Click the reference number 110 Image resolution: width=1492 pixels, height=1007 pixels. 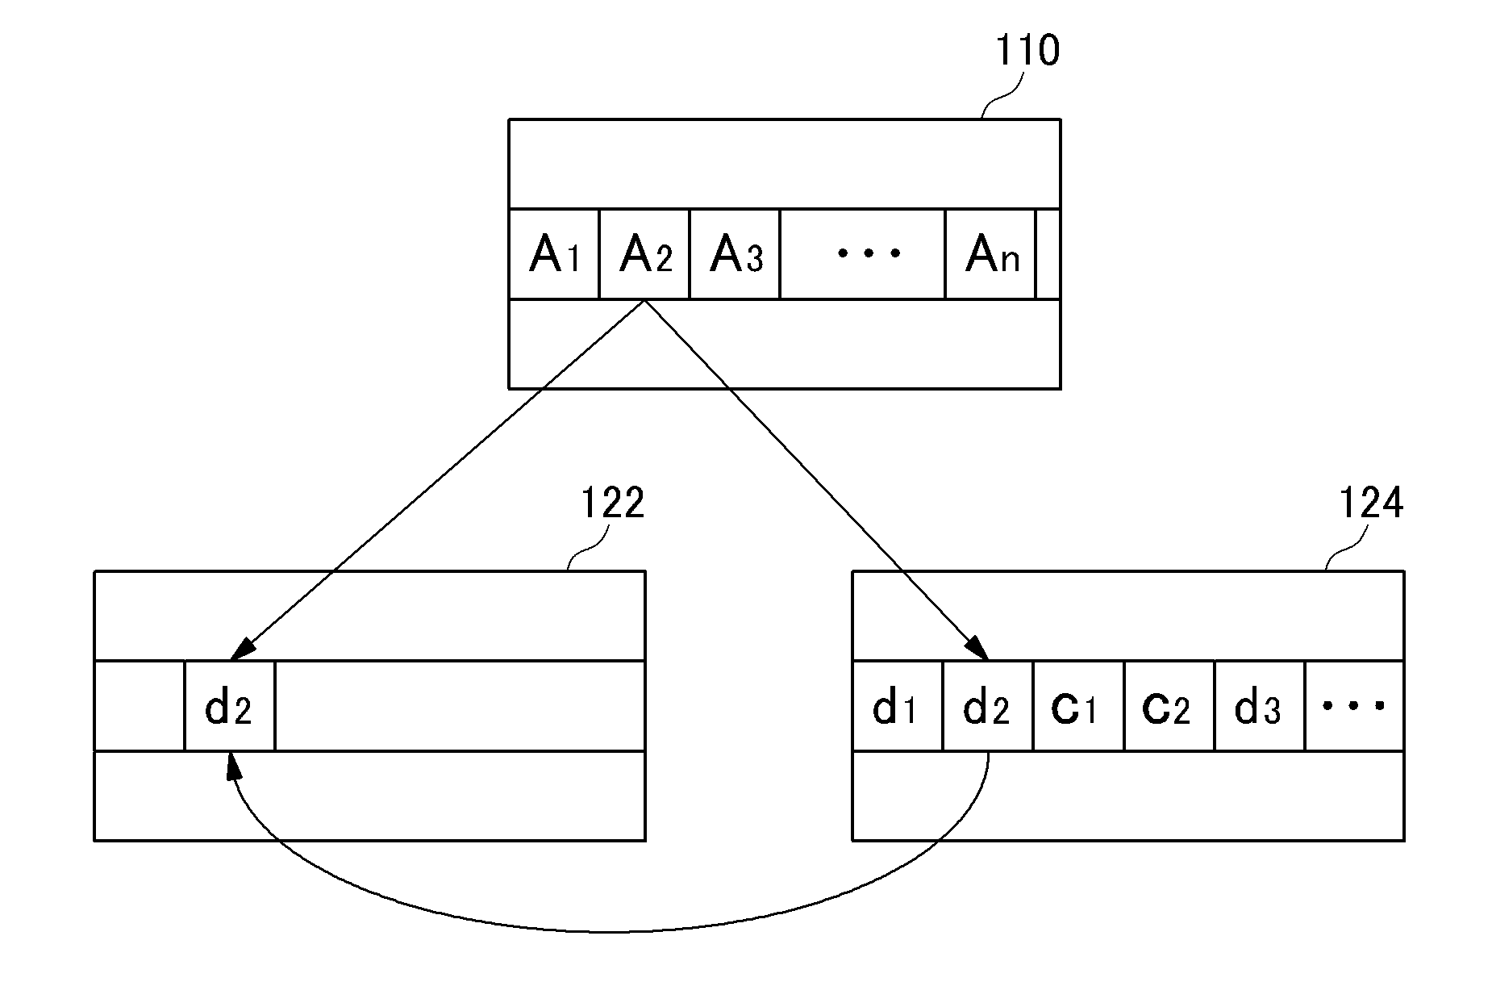coord(1027,51)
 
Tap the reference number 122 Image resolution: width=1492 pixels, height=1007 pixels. coord(613,503)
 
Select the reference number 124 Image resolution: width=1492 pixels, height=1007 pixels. coord(1371,503)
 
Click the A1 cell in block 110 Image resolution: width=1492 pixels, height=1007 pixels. coord(554,254)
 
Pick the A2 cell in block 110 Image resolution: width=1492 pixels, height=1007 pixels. coord(644,254)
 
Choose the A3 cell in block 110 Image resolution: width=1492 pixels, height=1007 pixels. coord(735,254)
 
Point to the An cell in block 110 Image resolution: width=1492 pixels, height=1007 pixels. coord(990,254)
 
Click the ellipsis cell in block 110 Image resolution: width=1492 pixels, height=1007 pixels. coord(862,254)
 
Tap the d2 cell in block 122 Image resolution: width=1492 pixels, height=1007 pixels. coord(230,706)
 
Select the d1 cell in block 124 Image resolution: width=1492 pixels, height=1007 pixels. coord(898,706)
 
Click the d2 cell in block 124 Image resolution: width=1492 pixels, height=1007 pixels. coord(988,706)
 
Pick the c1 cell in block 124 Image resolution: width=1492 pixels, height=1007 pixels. coord(1078,706)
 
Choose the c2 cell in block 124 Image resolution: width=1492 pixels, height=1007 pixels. coord(1169,706)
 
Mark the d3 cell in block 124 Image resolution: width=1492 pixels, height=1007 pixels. coord(1260,706)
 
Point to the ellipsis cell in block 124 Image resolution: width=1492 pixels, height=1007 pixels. coord(1355,706)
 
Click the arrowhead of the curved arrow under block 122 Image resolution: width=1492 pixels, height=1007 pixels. coord(234,765)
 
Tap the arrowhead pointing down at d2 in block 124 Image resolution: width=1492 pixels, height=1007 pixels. coord(977,648)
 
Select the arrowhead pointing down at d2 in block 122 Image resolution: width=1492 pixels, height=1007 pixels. coord(242,650)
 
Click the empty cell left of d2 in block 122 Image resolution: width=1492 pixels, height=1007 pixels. coord(140,706)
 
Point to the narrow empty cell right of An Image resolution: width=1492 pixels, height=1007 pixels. coord(1048,254)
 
